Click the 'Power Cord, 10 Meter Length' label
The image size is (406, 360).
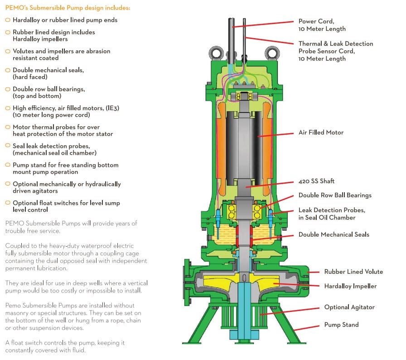point(322,25)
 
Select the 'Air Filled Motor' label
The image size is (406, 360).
point(321,132)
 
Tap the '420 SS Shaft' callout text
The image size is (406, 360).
point(316,181)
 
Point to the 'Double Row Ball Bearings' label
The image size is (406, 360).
point(335,195)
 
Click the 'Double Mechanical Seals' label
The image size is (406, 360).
point(333,234)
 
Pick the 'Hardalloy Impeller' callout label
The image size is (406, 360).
point(350,286)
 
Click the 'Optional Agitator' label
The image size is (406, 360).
point(349,307)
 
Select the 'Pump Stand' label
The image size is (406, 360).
point(341,325)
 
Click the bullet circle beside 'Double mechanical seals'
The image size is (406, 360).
point(8,70)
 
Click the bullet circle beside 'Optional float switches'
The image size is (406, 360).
point(8,203)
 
